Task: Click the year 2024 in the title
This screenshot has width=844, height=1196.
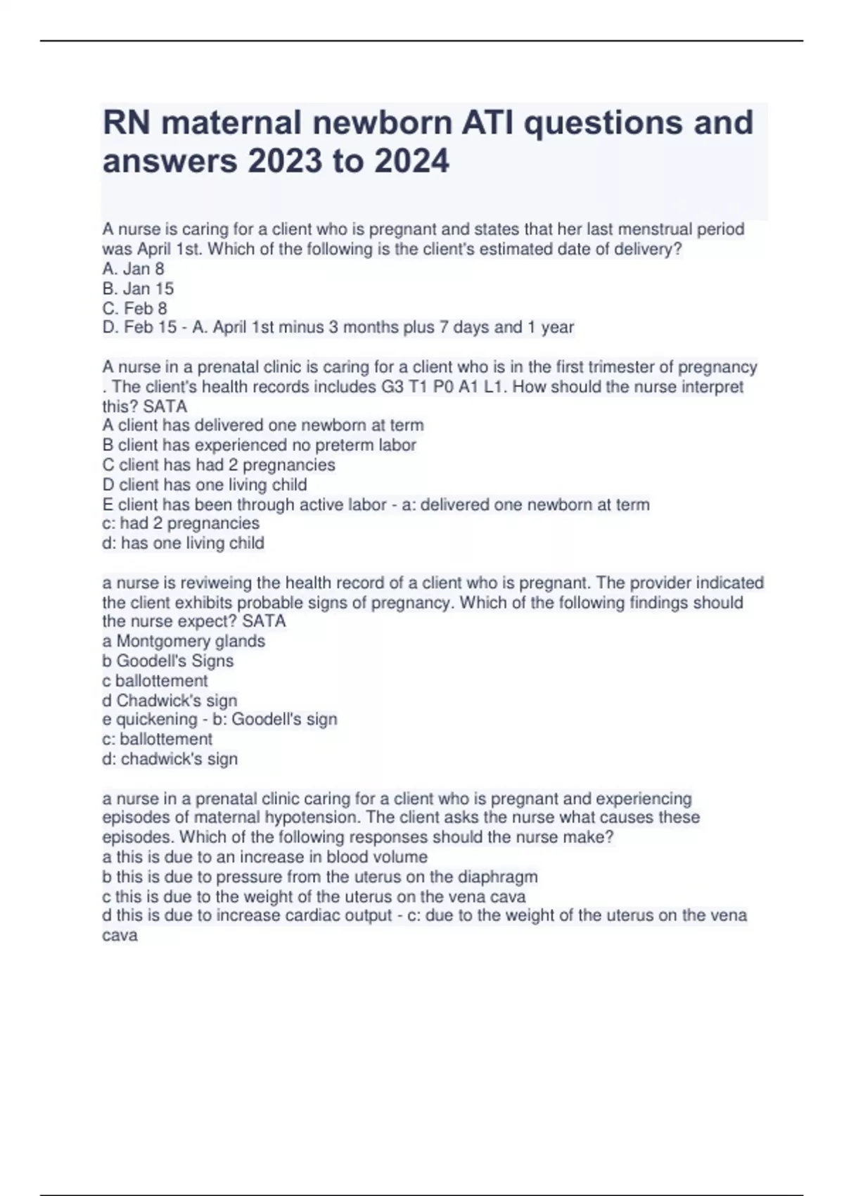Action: tap(411, 161)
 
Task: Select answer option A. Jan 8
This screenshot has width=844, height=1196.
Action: tap(133, 269)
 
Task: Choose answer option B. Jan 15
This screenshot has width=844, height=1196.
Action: tap(138, 288)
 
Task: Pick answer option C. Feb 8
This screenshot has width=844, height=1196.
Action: tap(134, 308)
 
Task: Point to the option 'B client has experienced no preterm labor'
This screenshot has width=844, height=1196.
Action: tap(259, 445)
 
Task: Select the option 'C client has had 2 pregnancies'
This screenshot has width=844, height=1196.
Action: tap(218, 465)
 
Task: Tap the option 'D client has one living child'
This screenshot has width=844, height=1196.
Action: tap(204, 485)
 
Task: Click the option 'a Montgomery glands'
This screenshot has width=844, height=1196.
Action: tap(184, 641)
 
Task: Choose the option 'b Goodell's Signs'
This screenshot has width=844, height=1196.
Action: tap(167, 661)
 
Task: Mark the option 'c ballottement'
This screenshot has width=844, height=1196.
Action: tap(155, 680)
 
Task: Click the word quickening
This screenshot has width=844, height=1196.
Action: tap(153, 720)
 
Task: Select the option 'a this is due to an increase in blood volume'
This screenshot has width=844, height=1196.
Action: tap(264, 857)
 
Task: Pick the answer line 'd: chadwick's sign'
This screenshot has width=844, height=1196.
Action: tap(170, 759)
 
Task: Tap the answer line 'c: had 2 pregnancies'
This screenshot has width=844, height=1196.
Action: tap(180, 523)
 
